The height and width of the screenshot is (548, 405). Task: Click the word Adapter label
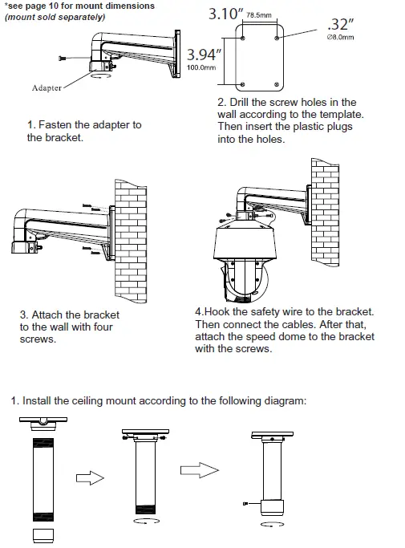click(47, 87)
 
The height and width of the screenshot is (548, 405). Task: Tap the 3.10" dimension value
click(225, 14)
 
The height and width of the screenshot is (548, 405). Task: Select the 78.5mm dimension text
click(259, 15)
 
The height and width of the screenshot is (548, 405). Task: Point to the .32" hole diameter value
click(340, 24)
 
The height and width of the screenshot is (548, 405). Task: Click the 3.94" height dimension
click(204, 55)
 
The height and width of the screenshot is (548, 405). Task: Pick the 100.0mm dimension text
click(201, 67)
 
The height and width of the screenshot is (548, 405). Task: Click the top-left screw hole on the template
click(243, 38)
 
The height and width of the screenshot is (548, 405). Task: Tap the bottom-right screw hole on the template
click(277, 84)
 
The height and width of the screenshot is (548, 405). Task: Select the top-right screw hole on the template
click(277, 38)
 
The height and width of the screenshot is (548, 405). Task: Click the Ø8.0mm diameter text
click(340, 38)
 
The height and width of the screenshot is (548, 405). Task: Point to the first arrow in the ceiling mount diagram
click(90, 477)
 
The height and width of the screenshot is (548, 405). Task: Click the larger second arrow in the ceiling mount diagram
click(200, 470)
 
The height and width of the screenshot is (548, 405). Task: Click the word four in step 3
click(103, 327)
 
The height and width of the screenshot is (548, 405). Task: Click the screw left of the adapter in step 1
click(63, 59)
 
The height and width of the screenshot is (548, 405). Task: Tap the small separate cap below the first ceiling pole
click(43, 535)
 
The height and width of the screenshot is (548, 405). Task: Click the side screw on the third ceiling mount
click(245, 503)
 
